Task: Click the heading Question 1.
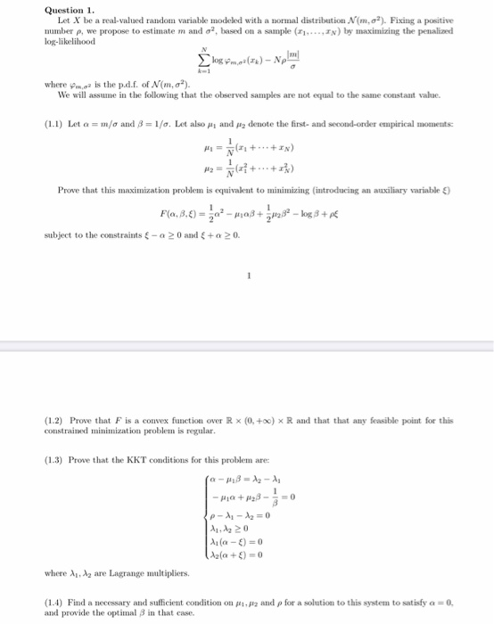[69, 10]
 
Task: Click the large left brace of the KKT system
[208, 525]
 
